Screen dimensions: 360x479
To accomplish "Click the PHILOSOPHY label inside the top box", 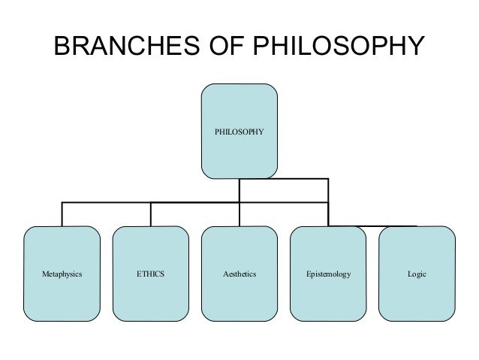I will click(239, 131).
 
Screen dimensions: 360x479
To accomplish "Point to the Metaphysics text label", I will click(62, 274).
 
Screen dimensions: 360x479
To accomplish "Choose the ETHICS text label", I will click(150, 274).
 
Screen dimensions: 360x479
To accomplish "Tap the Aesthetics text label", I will click(239, 274).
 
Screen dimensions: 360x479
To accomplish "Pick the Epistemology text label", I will click(328, 274).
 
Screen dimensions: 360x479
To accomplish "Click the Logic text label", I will click(417, 274).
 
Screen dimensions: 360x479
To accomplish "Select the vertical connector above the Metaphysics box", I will click(62, 214).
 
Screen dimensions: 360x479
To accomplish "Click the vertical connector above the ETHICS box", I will click(151, 214).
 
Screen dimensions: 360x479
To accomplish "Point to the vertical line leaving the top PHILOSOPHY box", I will click(239, 190).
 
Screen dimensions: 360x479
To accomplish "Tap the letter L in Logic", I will click(409, 274).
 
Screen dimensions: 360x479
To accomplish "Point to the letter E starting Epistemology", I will click(308, 274).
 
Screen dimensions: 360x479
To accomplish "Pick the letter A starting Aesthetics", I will click(225, 274).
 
